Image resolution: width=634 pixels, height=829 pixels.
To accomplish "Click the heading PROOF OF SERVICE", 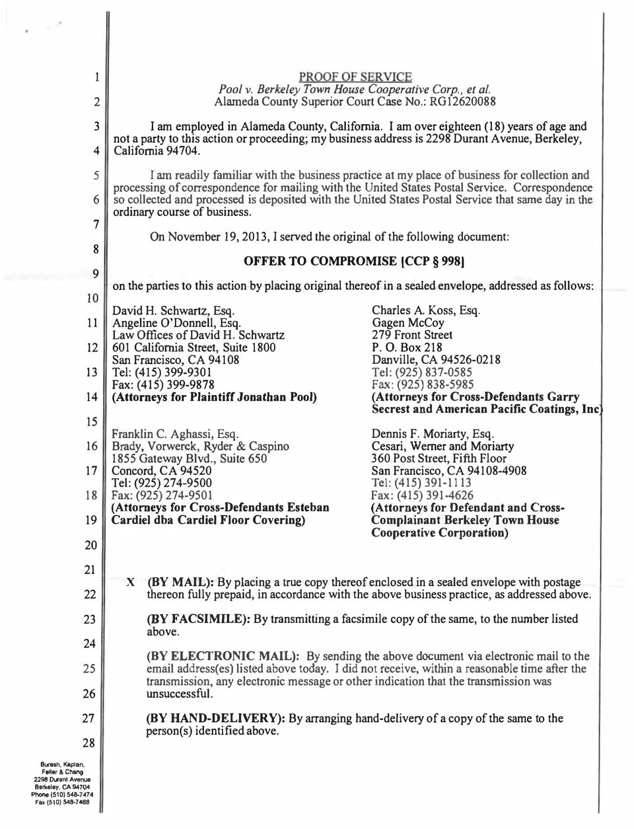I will tap(355, 76).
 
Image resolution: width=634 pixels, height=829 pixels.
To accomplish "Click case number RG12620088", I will tap(464, 102).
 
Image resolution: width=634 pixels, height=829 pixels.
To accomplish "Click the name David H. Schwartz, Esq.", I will tap(174, 310).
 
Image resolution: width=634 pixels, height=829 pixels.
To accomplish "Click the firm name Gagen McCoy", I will tap(407, 323).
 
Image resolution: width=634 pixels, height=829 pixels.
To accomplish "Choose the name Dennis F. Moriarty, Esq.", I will tap(433, 434).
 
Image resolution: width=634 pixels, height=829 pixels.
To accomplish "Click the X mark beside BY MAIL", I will tap(131, 583).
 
